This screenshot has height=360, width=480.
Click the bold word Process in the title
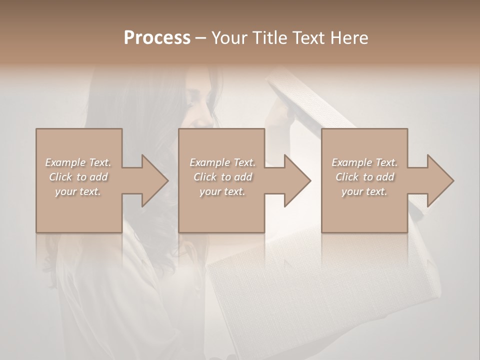[x=157, y=38]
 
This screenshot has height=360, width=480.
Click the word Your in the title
[x=228, y=38]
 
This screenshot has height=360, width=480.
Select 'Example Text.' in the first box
[x=78, y=162]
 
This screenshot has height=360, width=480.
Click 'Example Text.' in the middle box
[x=222, y=162]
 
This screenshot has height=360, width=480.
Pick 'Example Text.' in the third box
[x=364, y=162]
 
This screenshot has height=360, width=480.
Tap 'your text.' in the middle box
[x=222, y=191]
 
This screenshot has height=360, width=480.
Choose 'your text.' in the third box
[x=364, y=191]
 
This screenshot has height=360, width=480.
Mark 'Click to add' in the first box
[x=78, y=177]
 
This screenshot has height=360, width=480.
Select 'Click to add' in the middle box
[x=222, y=177]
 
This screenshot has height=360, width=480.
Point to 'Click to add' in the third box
[x=365, y=177]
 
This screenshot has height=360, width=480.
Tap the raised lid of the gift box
[x=300, y=100]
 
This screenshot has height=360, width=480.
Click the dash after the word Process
[x=200, y=38]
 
